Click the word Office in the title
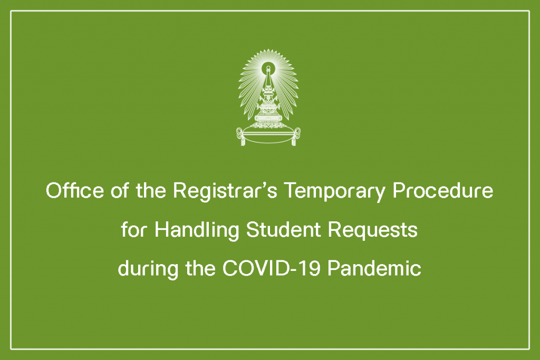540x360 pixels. pyautogui.click(x=75, y=190)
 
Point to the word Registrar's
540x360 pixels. pyautogui.click(x=225, y=191)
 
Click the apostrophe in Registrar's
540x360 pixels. pyautogui.click(x=263, y=185)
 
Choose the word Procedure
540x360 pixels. pyautogui.click(x=443, y=191)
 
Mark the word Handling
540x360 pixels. pyautogui.click(x=197, y=230)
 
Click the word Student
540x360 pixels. pyautogui.click(x=284, y=230)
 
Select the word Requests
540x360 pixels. pyautogui.click(x=373, y=230)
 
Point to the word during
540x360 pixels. pyautogui.click(x=148, y=269)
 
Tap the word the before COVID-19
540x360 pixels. pyautogui.click(x=200, y=268)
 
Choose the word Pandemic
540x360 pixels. pyautogui.click(x=374, y=268)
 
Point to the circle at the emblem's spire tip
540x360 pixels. pyautogui.click(x=268, y=67)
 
